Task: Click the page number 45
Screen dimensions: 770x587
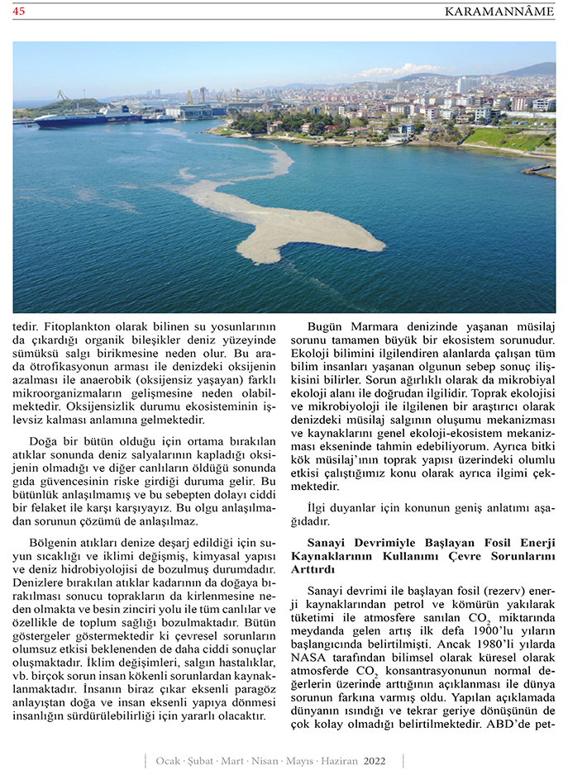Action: point(19,11)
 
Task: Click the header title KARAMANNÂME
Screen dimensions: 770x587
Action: point(499,11)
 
